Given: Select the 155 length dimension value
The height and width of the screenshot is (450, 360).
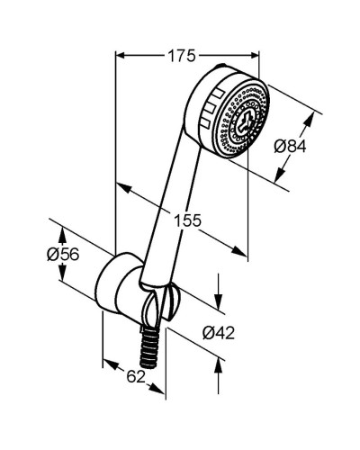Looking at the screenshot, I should [187, 219].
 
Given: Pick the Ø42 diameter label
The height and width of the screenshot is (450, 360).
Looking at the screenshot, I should [218, 333].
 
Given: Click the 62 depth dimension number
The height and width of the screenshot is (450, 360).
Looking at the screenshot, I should [135, 378].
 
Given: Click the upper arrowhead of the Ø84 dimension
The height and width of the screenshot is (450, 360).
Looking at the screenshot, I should [314, 118].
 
